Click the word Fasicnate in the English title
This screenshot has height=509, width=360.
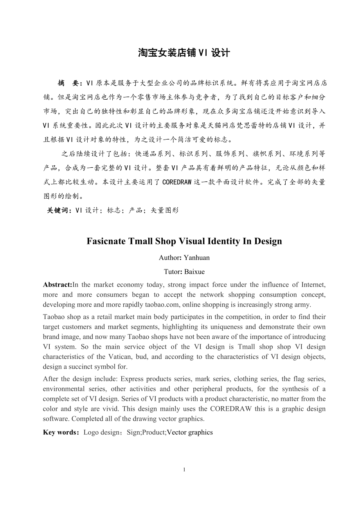[106, 241]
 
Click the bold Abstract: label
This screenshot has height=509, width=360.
[58, 285]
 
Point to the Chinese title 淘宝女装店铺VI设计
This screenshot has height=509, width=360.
[184, 53]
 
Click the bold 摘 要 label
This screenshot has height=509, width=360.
[69, 83]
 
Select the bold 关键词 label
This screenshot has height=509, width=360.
[59, 210]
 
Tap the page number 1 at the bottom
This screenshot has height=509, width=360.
[184, 469]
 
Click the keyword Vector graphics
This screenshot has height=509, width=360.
[190, 432]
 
